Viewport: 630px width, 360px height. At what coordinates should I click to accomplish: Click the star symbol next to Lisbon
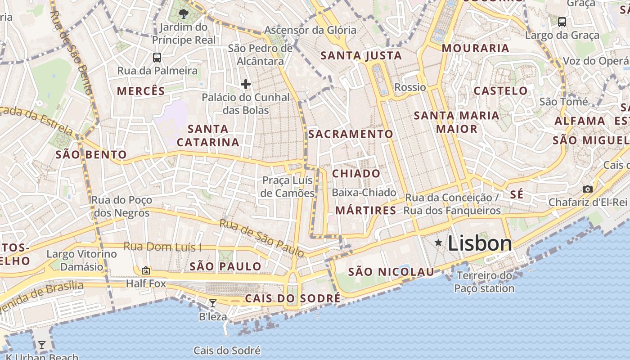pos(438,243)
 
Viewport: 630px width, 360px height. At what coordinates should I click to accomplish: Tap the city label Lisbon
pos(480,243)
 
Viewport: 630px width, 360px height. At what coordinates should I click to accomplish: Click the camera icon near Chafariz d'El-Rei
pos(587,189)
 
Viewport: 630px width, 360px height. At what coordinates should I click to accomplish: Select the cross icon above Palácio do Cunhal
pos(245,84)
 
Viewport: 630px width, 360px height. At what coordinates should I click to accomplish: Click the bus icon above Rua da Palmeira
pos(157,58)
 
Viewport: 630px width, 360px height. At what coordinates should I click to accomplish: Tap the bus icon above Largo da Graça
pos(562,22)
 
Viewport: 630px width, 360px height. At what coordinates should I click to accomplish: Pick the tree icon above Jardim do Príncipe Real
pos(183,13)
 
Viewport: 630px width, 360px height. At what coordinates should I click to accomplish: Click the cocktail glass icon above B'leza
pos(213,303)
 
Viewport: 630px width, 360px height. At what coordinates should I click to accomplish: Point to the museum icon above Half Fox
pos(145,270)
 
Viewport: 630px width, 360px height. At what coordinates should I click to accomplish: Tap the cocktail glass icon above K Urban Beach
pos(42,345)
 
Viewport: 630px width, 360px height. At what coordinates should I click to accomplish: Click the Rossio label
pos(410,87)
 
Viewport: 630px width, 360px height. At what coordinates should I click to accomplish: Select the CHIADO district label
pos(356,174)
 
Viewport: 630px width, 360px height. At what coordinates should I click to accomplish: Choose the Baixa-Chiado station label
pos(364,193)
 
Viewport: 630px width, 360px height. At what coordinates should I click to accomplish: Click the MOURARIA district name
pos(476,48)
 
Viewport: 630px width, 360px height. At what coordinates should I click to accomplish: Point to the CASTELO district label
pos(501,91)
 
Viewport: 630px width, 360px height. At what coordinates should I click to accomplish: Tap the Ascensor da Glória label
pos(310,30)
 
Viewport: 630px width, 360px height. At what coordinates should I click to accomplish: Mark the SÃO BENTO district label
pos(91,155)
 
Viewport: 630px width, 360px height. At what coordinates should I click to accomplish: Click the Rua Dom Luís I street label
pos(163,247)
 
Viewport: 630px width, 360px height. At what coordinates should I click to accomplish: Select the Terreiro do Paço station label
pos(484,282)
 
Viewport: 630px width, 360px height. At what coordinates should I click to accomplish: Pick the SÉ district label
pos(517,194)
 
